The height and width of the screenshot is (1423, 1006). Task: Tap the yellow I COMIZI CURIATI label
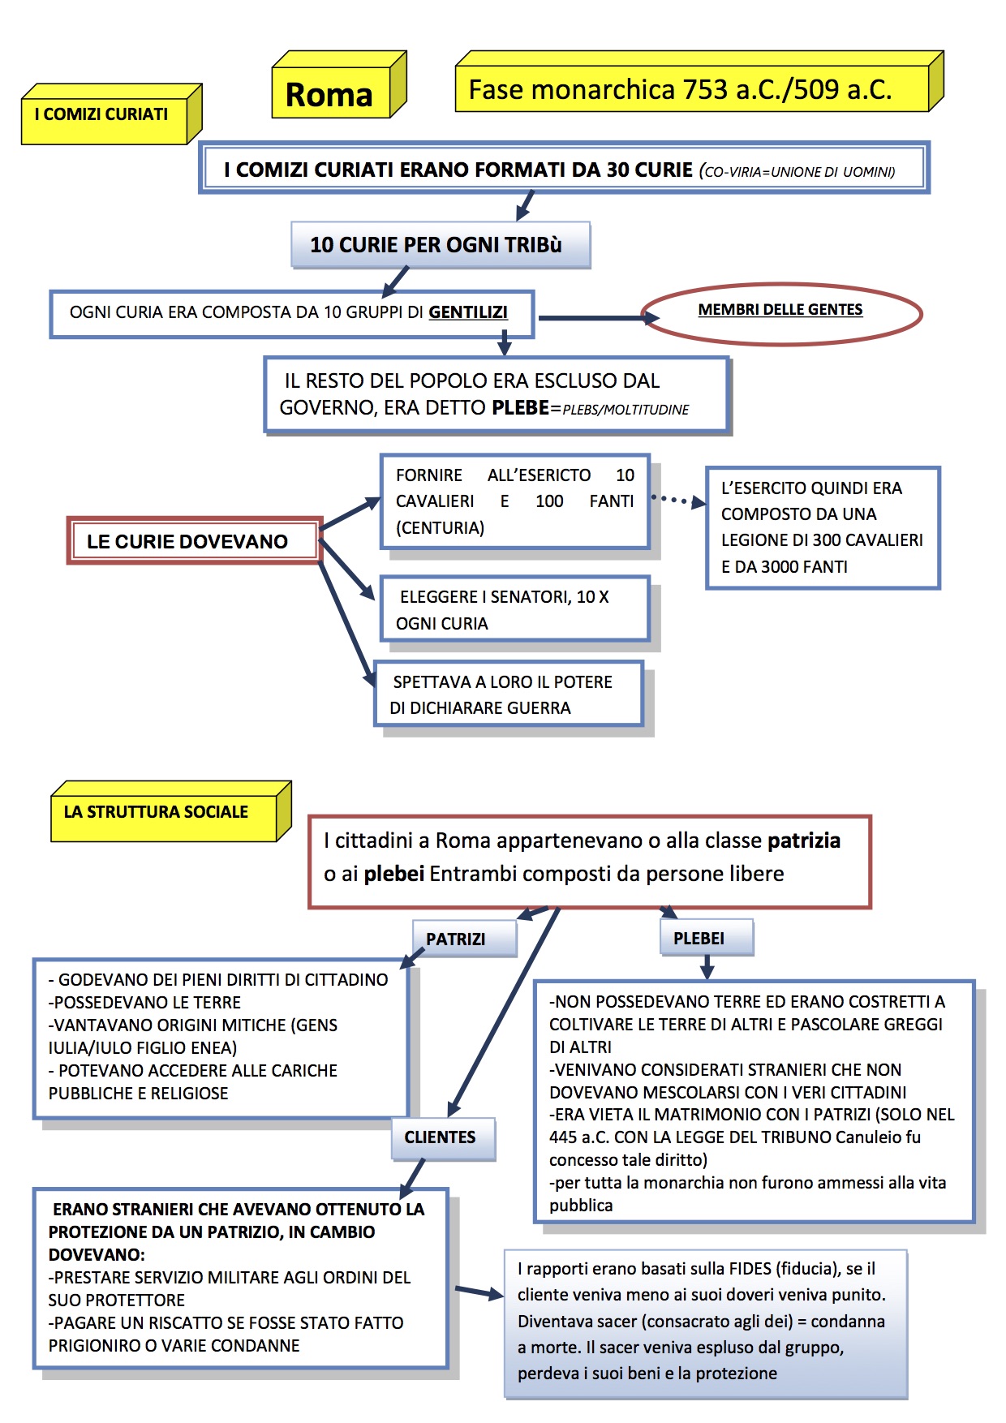point(102,115)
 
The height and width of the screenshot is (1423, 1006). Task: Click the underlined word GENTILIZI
point(468,312)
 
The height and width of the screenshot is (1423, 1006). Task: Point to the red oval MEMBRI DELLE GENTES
point(780,312)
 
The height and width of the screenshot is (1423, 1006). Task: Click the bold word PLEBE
point(520,408)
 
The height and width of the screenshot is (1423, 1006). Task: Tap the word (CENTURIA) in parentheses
point(440,528)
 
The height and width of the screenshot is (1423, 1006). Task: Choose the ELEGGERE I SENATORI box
point(514,609)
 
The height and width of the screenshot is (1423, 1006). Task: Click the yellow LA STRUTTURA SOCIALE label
point(157,812)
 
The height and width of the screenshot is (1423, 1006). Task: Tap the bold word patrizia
point(804,840)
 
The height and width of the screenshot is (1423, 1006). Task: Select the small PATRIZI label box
point(457,939)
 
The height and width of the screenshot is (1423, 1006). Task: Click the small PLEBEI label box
point(700,939)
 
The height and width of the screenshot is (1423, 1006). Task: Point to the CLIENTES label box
point(441,1137)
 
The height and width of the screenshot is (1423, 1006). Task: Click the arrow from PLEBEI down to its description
point(707,966)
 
